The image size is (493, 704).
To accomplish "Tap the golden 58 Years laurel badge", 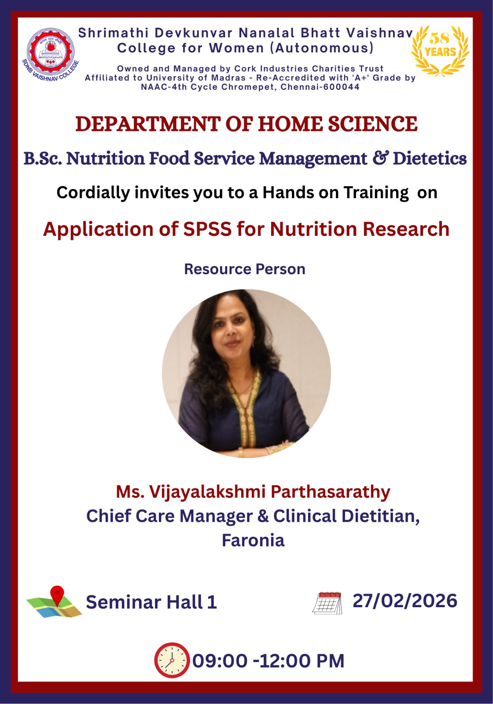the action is pyautogui.click(x=440, y=50).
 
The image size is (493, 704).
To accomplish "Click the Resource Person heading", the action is pyautogui.click(x=245, y=269).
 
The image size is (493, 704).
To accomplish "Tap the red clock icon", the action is pyautogui.click(x=172, y=660).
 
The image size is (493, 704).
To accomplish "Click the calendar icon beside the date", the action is pyautogui.click(x=327, y=603).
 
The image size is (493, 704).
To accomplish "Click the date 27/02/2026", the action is pyautogui.click(x=405, y=601).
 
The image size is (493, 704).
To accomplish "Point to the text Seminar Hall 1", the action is pyautogui.click(x=151, y=602).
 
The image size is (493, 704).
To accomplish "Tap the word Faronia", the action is pyautogui.click(x=253, y=541).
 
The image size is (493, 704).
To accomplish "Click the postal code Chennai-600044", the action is pyautogui.click(x=320, y=87).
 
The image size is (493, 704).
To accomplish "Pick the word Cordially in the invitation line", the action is pyautogui.click(x=93, y=192).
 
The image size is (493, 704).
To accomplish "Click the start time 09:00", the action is pyautogui.click(x=220, y=660).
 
